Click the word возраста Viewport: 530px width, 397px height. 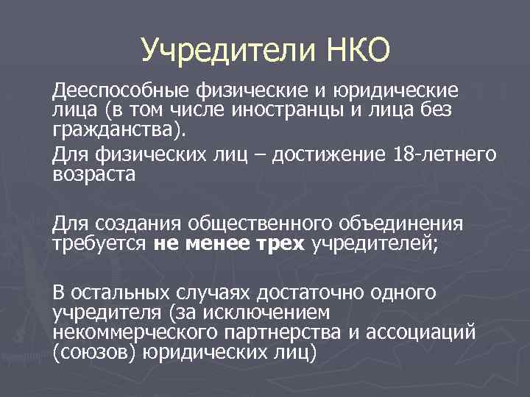point(93,176)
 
